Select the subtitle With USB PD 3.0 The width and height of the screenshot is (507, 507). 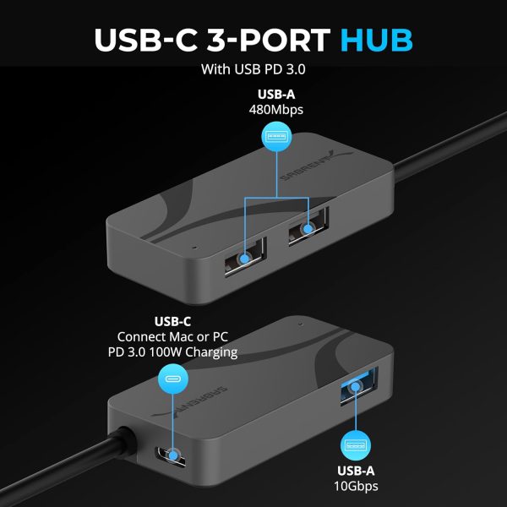253,70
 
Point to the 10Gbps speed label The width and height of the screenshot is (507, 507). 356,487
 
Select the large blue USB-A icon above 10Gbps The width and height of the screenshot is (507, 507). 356,445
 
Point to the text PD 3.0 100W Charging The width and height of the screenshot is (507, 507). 177,352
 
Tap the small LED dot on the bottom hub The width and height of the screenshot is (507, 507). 300,322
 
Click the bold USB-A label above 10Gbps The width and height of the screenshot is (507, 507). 356,471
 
